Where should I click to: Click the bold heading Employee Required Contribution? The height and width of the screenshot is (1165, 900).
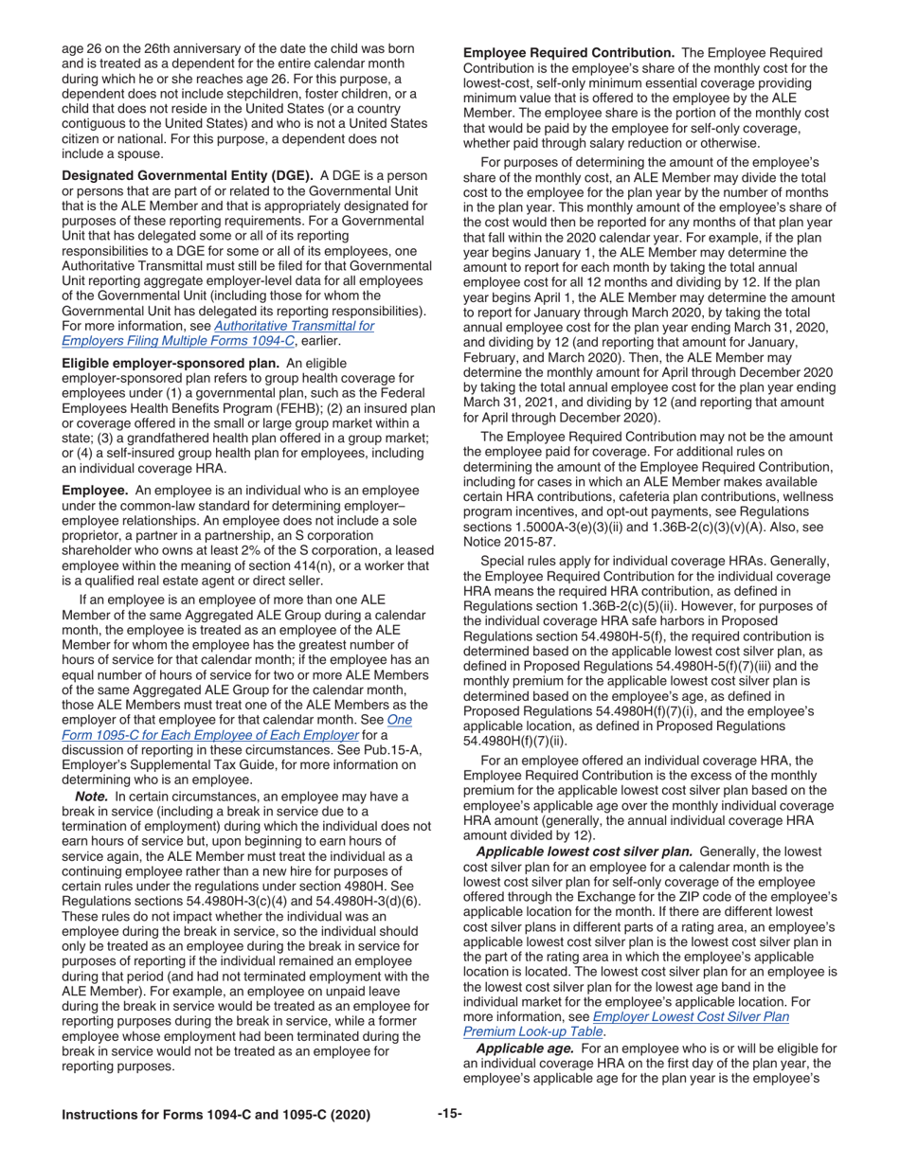568,53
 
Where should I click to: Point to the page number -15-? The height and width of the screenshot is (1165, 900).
450,1115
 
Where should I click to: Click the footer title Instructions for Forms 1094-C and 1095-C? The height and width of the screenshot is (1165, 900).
216,1116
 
